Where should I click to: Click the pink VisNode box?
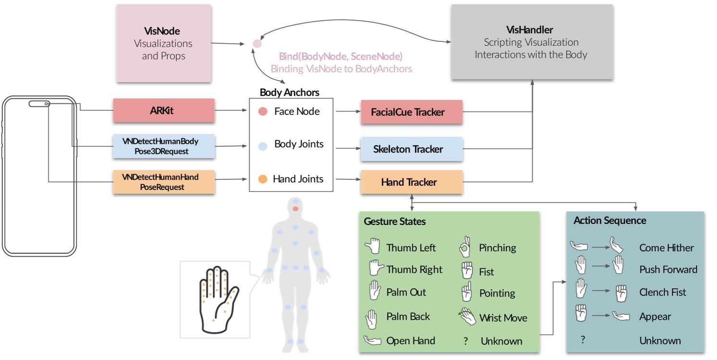[163, 43]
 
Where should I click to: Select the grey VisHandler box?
[532, 42]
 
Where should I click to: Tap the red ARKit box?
[163, 111]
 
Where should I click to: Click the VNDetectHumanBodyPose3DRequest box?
[163, 146]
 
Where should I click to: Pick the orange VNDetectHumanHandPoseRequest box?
[163, 182]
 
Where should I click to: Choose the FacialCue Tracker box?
[411, 112]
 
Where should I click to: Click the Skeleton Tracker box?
[411, 149]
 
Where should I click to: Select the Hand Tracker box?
[411, 182]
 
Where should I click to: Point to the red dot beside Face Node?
[262, 112]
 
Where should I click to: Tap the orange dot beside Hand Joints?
[262, 179]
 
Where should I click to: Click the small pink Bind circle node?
[257, 44]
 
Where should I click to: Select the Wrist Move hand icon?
[467, 317]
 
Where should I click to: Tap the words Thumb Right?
[414, 270]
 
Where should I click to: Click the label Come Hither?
[666, 248]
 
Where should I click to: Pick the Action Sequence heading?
[609, 221]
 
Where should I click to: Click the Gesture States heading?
[395, 222]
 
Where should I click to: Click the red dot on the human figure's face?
[296, 208]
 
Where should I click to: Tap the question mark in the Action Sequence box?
[582, 340]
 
